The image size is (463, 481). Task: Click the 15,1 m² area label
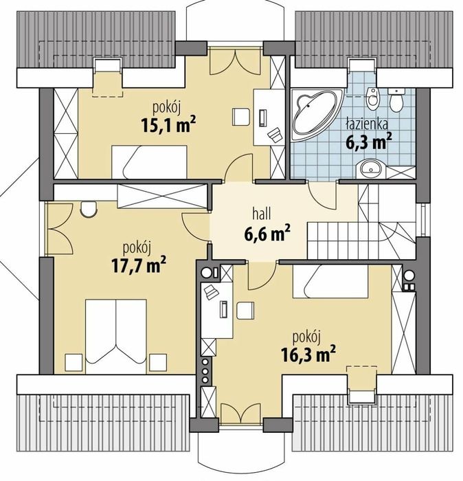point(168,124)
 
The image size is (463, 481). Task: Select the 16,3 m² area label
point(308,354)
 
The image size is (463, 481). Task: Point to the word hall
point(262,214)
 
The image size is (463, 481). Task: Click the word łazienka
point(367,124)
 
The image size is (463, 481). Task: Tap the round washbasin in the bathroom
point(370,168)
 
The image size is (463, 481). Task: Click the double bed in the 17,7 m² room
point(116,336)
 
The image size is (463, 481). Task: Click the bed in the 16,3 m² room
point(330,281)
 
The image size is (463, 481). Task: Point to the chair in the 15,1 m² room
point(241,117)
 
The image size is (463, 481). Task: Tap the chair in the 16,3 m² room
point(245,311)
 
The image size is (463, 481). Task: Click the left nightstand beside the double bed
point(74,363)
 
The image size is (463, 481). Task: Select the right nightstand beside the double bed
point(158,363)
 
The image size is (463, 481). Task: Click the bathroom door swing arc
point(321,197)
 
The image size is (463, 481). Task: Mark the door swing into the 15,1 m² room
point(239,167)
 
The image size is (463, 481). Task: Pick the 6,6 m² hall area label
point(267,235)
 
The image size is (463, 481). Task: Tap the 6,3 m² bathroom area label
point(369,142)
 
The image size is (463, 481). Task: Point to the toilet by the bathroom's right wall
point(396,100)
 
